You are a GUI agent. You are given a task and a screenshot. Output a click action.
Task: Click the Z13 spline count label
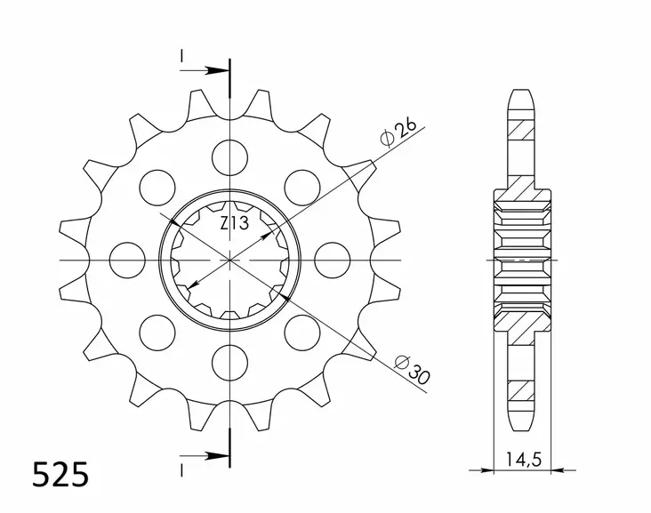coord(234,222)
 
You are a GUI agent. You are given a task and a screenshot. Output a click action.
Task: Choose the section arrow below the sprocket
coord(205,456)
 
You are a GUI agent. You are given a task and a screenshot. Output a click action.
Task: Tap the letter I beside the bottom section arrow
coord(181,468)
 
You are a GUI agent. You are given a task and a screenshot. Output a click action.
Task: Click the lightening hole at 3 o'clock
coord(331,259)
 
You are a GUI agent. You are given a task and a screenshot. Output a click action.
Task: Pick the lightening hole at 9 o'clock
coord(130,259)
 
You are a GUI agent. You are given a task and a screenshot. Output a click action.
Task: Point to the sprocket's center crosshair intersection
coord(230,259)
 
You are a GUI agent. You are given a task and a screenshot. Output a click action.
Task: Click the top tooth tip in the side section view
coord(522,92)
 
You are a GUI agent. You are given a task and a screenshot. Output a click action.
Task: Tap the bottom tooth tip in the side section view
coord(522,425)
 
